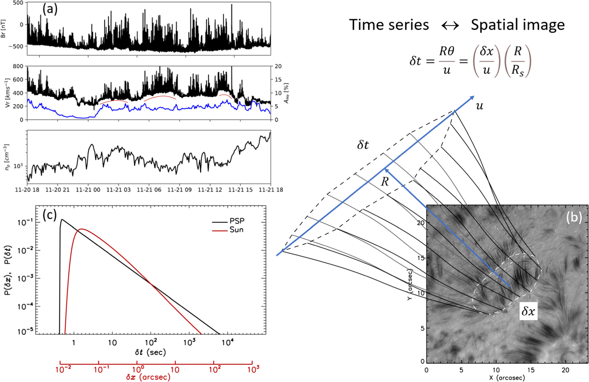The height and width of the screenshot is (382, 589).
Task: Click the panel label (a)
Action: click(50, 9)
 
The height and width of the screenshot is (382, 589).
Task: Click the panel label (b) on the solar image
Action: click(573, 217)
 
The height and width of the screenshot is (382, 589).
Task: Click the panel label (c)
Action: click(50, 215)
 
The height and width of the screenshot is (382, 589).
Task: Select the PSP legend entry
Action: click(237, 221)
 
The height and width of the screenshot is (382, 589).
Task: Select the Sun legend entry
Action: click(236, 230)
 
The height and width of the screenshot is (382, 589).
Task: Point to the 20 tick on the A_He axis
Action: click(278, 66)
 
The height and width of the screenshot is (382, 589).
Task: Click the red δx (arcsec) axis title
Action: click(148, 377)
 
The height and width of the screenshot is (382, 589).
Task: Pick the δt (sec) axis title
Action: click(150, 352)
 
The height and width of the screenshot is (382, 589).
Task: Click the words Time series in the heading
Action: click(389, 25)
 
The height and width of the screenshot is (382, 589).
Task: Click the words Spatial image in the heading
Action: click(517, 25)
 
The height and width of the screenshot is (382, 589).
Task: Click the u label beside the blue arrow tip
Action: click(479, 106)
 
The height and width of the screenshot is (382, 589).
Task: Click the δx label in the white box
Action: click(528, 311)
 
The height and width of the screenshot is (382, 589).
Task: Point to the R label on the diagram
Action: click(384, 182)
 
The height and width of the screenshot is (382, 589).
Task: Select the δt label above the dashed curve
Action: click(363, 145)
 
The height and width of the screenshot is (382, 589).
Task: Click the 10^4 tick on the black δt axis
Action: click(227, 342)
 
